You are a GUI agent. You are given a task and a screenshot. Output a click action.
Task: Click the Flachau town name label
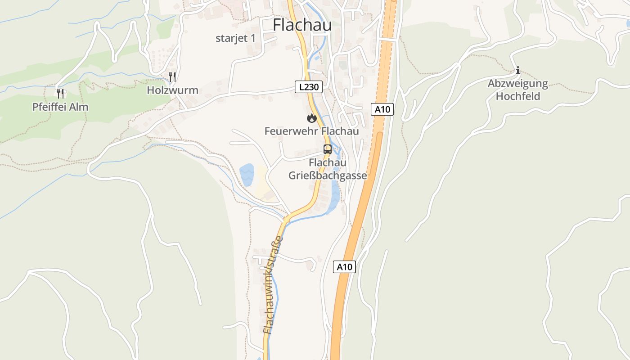click(x=302, y=25)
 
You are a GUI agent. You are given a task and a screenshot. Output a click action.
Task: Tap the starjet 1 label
click(x=235, y=38)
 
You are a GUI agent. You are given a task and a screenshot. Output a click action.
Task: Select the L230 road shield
click(x=309, y=87)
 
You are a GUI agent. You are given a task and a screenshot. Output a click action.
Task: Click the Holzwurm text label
click(x=172, y=90)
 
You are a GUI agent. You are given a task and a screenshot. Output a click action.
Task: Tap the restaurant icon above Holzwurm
click(x=172, y=77)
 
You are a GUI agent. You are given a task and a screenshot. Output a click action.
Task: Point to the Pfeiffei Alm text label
click(x=60, y=107)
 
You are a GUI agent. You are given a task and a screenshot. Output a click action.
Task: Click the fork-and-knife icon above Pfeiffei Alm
click(x=61, y=94)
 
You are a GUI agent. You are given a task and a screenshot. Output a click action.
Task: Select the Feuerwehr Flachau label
click(x=311, y=131)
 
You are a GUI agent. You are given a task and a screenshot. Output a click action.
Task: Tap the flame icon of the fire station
click(x=311, y=118)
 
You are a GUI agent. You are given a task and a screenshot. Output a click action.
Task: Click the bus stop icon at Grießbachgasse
click(x=328, y=149)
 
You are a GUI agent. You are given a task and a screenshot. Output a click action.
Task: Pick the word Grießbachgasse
click(x=328, y=175)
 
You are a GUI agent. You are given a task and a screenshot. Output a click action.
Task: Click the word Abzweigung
click(x=517, y=84)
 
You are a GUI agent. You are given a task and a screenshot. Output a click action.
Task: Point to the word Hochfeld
click(x=517, y=96)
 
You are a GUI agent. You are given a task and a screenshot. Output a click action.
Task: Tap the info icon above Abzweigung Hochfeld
click(x=518, y=70)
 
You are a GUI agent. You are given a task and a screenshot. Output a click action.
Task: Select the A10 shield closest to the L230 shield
click(x=382, y=109)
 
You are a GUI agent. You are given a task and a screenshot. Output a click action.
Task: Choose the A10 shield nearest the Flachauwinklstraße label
click(x=344, y=267)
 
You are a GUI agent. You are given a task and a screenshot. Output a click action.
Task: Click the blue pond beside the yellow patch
click(x=247, y=175)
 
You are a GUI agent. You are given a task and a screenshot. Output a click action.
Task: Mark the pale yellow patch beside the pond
click(x=261, y=182)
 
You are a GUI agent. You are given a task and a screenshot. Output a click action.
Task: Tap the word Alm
click(x=80, y=107)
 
